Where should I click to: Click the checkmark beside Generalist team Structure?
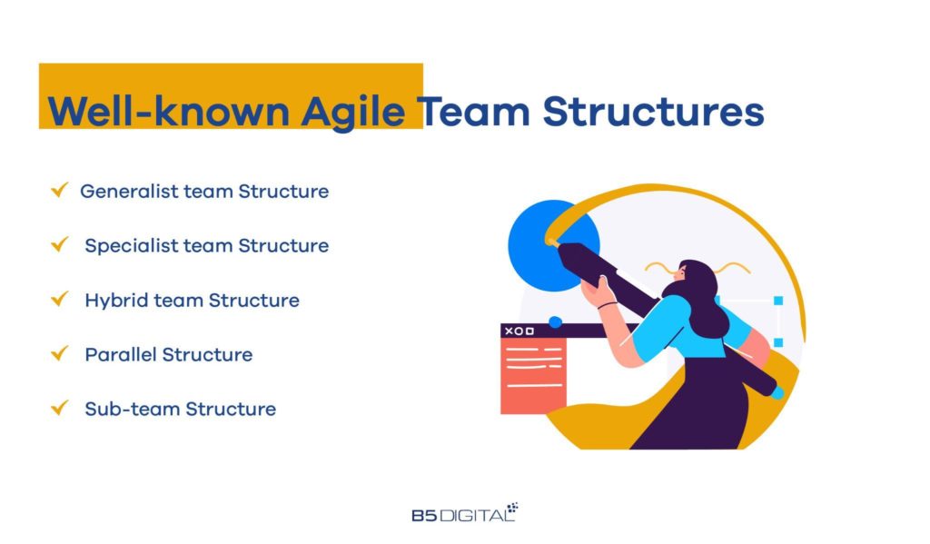(x=60, y=191)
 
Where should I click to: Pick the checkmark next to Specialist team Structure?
(x=60, y=245)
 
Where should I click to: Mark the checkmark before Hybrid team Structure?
(x=60, y=300)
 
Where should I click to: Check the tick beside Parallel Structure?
(x=60, y=354)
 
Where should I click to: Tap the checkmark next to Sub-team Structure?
(x=60, y=409)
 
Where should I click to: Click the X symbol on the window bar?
(x=509, y=331)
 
